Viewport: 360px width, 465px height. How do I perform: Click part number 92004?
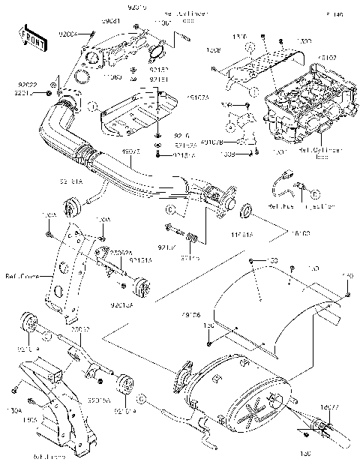point(68,34)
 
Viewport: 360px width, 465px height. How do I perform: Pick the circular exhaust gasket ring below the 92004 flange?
point(69,95)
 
